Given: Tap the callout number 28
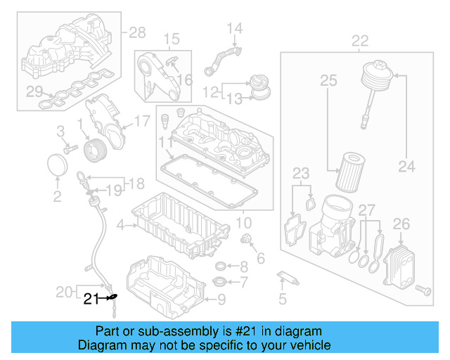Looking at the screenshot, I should (137, 32).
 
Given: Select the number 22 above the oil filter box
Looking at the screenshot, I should (360, 41).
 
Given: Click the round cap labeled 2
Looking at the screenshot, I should (57, 166).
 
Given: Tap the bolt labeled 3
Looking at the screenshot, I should (70, 148).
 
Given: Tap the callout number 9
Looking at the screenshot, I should (221, 300).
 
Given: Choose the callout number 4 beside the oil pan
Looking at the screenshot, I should (120, 225).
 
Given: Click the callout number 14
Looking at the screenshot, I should (234, 29).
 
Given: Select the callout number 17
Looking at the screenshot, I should (142, 121).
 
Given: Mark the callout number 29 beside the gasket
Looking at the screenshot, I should (34, 91).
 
